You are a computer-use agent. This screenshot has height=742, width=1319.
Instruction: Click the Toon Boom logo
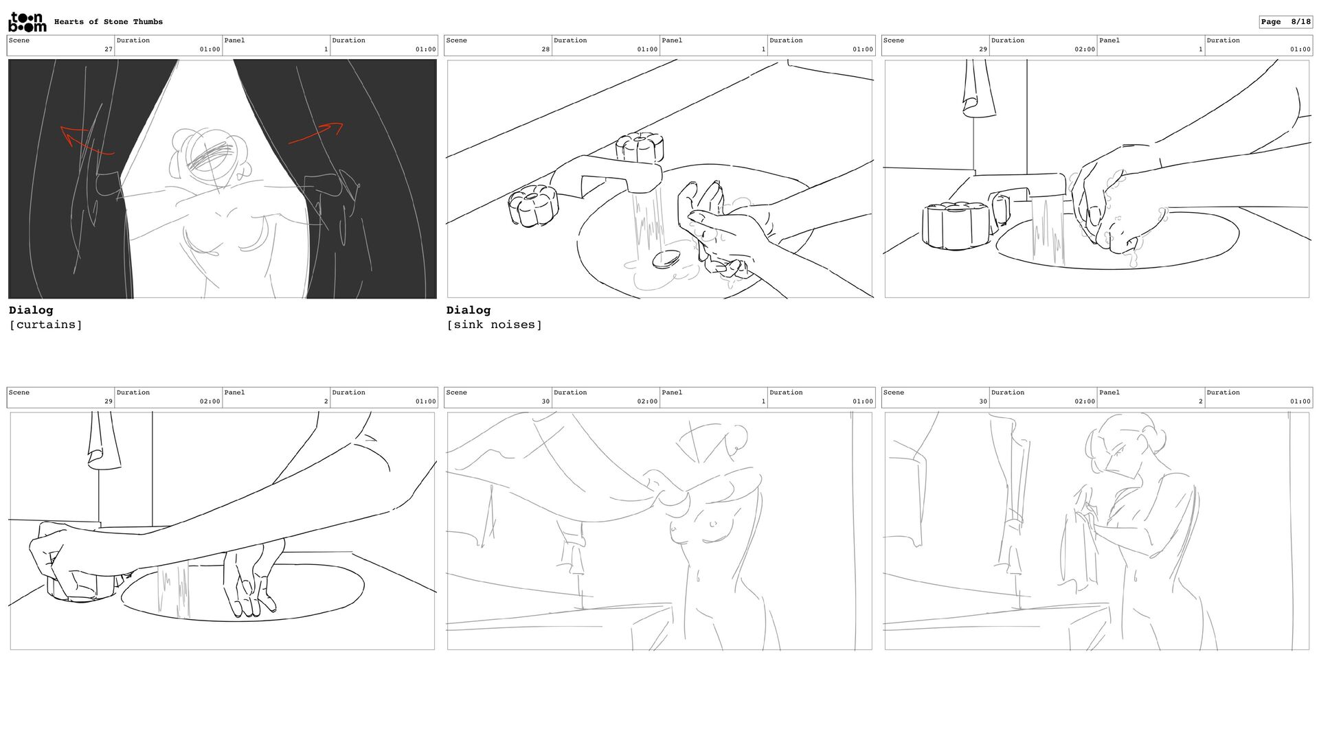(27, 22)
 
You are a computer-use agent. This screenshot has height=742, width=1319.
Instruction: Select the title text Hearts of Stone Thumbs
(109, 22)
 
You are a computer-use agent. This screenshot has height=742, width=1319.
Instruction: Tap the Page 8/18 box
(1285, 22)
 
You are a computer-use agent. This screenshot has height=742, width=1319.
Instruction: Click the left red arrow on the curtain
(86, 139)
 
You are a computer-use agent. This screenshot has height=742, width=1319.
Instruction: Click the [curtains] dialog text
(45, 325)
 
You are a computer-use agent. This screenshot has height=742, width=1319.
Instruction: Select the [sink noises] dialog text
(494, 325)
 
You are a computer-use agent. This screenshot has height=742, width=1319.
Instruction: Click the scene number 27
(109, 49)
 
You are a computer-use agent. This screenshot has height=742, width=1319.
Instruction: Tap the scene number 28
(545, 49)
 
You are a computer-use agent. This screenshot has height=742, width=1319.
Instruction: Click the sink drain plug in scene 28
(666, 259)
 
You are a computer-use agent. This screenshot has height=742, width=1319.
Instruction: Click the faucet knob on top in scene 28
(639, 150)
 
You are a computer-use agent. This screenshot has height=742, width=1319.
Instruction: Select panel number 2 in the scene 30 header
(1200, 402)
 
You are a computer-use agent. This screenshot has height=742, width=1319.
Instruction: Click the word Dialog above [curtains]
(31, 310)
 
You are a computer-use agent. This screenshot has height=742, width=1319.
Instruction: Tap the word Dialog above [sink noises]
(469, 310)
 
